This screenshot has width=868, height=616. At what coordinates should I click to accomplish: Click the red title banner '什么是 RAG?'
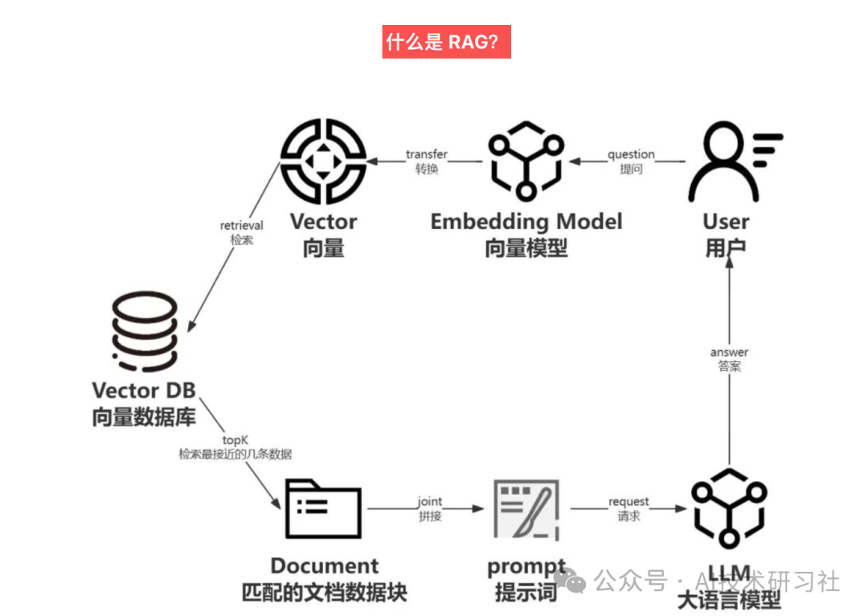click(447, 42)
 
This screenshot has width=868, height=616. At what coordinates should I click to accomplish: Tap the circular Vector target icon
click(323, 161)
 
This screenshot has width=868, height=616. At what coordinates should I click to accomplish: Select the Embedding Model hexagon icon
click(526, 161)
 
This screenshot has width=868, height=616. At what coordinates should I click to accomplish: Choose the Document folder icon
click(324, 508)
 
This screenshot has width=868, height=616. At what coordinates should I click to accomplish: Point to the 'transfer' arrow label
click(426, 154)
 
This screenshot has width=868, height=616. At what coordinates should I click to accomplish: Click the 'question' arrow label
click(631, 154)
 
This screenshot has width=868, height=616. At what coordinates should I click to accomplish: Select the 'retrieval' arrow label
click(241, 226)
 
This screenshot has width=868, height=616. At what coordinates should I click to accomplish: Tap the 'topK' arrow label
click(235, 440)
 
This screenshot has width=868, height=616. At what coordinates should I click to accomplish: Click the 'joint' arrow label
click(429, 502)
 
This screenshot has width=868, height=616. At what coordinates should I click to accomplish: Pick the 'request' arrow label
click(628, 502)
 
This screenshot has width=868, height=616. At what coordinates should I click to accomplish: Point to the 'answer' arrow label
click(729, 353)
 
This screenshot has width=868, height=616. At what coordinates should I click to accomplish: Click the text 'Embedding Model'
click(526, 222)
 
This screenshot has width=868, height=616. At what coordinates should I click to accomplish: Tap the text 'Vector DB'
click(144, 391)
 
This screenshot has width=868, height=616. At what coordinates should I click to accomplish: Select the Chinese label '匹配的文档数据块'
click(324, 593)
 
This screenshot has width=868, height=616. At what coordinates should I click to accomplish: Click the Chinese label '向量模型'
click(526, 248)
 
